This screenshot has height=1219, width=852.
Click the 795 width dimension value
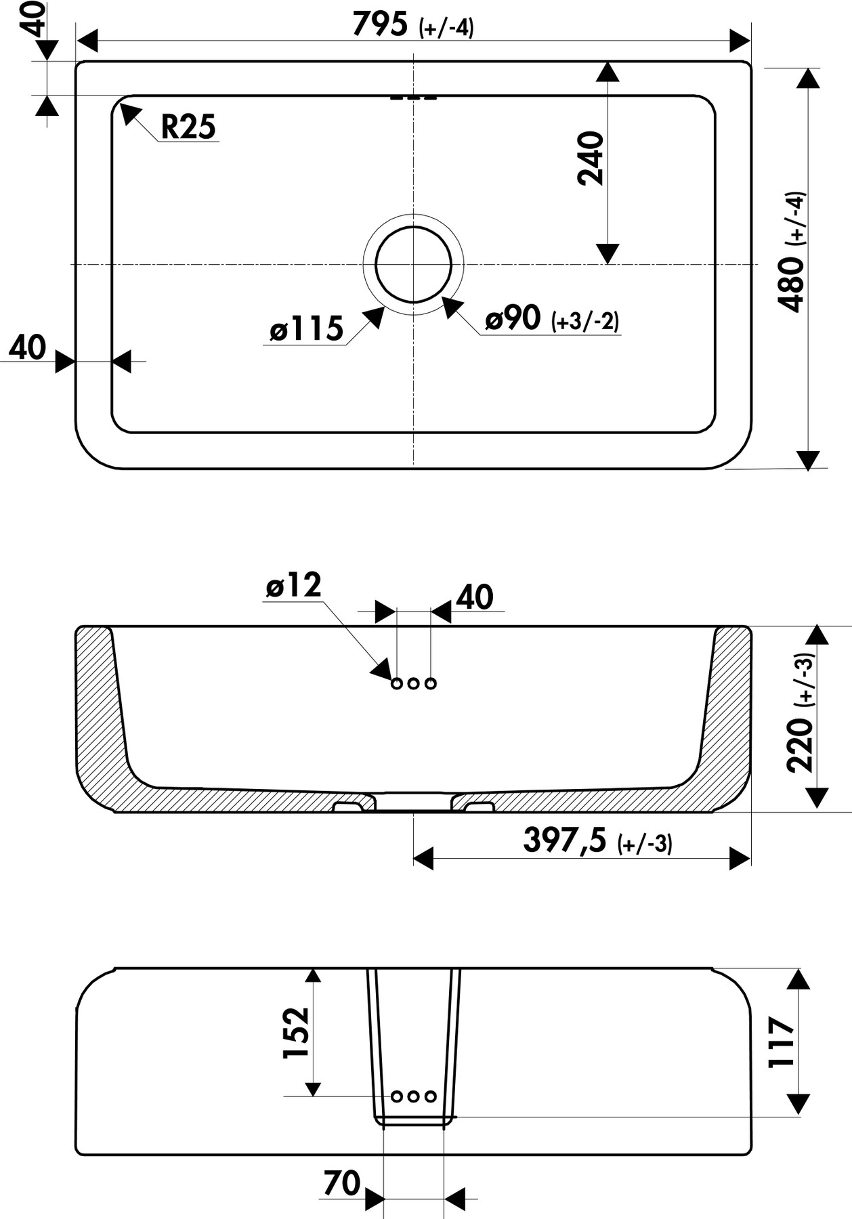pyautogui.click(x=380, y=24)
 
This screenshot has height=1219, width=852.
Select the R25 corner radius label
pyautogui.click(x=188, y=127)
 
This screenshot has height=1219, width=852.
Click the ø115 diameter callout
pyautogui.click(x=306, y=329)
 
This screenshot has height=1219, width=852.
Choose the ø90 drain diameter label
pyautogui.click(x=513, y=318)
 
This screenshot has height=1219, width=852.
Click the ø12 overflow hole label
pyautogui.click(x=293, y=585)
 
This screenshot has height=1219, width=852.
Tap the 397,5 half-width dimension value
pyautogui.click(x=564, y=840)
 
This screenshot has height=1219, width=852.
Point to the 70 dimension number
pyautogui.click(x=342, y=1183)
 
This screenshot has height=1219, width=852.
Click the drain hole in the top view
pyautogui.click(x=413, y=264)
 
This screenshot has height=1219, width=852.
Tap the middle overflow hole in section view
pyautogui.click(x=413, y=683)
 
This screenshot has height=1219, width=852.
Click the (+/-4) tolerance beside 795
pyautogui.click(x=446, y=28)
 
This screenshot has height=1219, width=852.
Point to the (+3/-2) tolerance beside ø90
pyautogui.click(x=585, y=321)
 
